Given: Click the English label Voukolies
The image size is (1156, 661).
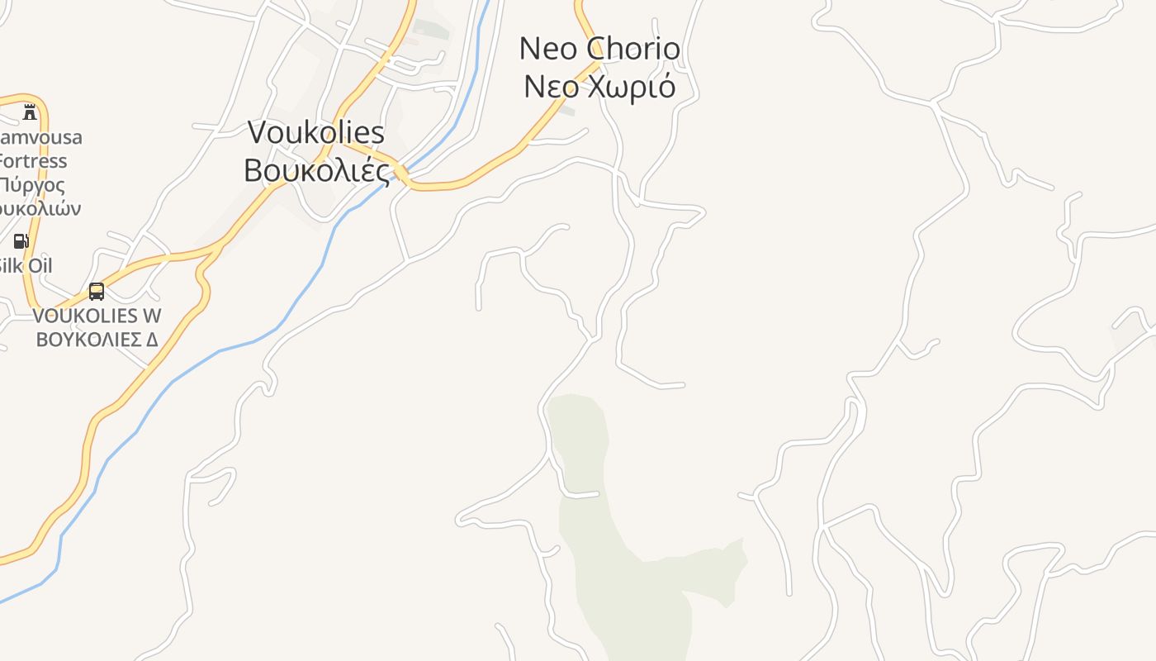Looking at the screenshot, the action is click(x=316, y=132).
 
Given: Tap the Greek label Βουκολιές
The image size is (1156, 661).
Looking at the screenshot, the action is click(x=316, y=170).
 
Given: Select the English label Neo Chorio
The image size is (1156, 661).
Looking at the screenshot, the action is click(x=599, y=49).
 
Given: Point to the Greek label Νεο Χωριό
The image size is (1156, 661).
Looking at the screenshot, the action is click(x=599, y=86).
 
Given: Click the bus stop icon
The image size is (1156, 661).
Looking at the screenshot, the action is click(x=97, y=291).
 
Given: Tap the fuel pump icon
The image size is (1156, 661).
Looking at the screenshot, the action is click(x=21, y=241).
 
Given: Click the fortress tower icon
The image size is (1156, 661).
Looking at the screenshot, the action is click(x=31, y=112).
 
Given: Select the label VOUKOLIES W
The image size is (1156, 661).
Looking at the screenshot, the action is click(x=97, y=316).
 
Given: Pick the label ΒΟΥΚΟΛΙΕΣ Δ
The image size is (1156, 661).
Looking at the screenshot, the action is click(x=97, y=339).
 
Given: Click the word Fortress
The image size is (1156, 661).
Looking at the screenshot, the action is click(x=33, y=160).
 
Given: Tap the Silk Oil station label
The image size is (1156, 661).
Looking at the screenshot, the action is click(x=25, y=265).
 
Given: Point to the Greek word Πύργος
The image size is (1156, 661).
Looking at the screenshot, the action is click(x=33, y=184).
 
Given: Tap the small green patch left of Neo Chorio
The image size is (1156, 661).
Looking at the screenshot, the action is click(x=566, y=109).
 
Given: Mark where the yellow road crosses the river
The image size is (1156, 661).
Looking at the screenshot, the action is click(x=401, y=174).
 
